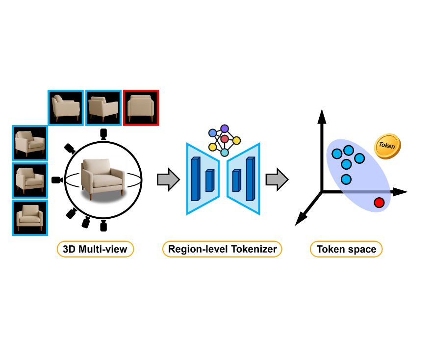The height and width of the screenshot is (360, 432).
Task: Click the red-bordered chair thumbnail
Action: (141, 107)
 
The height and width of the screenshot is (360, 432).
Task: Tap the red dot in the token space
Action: (379, 202)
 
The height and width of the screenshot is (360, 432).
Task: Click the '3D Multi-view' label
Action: (96, 249)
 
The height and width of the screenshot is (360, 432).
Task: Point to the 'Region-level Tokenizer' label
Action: (222, 249)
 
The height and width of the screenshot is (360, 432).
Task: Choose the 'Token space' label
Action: (346, 249)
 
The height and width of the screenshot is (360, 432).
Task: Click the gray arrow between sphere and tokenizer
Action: (166, 180)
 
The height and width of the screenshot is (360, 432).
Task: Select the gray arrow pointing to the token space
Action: (276, 180)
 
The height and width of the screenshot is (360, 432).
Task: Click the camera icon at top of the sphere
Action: (103, 133)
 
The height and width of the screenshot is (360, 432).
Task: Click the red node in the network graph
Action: (225, 139)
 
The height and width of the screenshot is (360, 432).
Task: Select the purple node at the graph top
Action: (225, 129)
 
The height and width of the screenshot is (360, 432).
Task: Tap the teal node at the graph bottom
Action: (225, 153)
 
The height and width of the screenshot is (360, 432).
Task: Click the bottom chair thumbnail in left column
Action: (29, 217)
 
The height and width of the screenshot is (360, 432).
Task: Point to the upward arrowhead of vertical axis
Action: (322, 117)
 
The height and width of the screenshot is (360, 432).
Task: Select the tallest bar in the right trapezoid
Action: (251, 179)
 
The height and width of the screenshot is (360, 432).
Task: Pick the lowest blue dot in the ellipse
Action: (346, 179)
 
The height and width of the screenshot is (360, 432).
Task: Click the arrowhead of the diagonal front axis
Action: (299, 221)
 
